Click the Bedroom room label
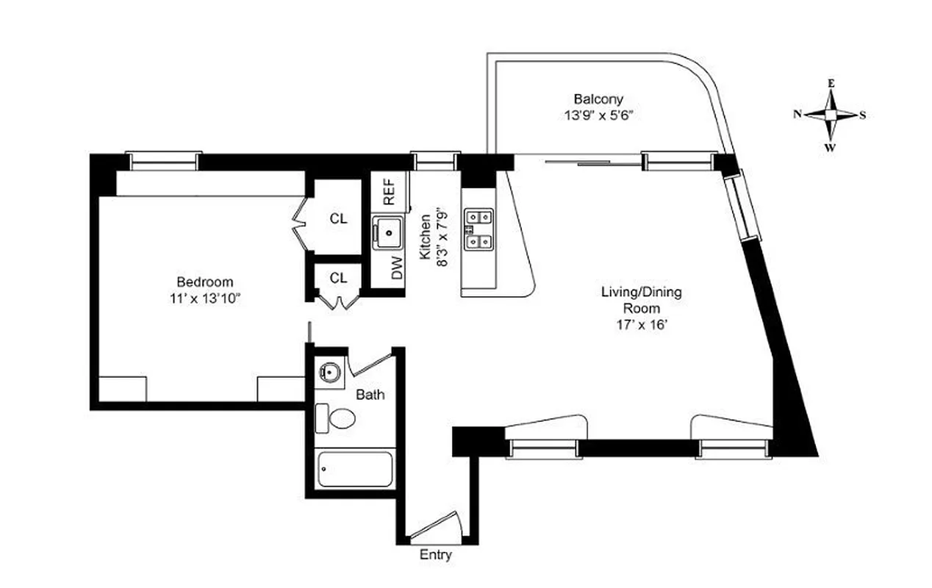click(x=204, y=282)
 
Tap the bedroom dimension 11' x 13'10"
click(x=204, y=298)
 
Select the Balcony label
click(x=598, y=98)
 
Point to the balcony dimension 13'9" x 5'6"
click(x=598, y=115)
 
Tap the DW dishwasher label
click(x=398, y=270)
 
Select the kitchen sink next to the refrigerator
click(x=387, y=233)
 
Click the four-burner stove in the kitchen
click(x=478, y=229)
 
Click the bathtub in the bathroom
click(x=354, y=469)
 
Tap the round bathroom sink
click(x=329, y=373)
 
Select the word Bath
click(x=370, y=395)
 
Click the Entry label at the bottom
click(x=435, y=556)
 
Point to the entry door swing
click(x=436, y=526)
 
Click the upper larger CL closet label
click(x=338, y=218)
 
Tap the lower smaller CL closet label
click(x=338, y=278)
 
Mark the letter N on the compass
click(x=797, y=114)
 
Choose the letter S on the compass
click(x=863, y=115)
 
